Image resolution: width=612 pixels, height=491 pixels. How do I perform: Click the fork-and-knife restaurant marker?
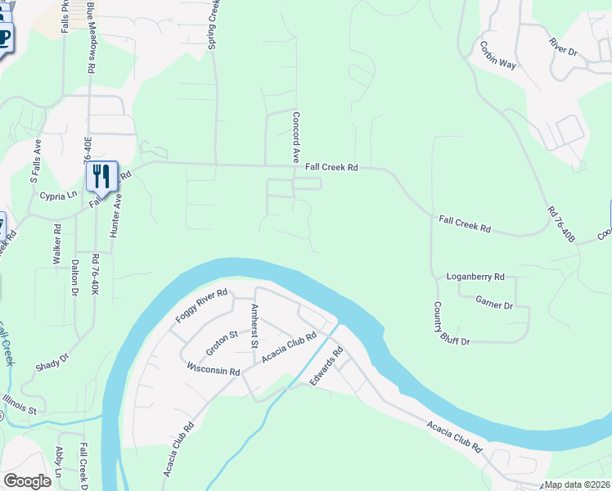pos(101,175)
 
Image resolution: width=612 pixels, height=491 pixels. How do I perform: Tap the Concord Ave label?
pos(297,137)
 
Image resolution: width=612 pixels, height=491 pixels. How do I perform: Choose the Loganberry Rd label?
pos(475,277)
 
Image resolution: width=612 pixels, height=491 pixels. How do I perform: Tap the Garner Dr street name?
pos(494,301)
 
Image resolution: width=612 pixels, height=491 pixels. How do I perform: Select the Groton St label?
pos(222,341)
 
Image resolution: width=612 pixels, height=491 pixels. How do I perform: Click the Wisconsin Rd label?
pos(213,371)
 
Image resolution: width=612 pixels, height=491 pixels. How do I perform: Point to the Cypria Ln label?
pos(57,196)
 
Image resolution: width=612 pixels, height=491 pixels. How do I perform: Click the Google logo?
pos(27,480)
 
